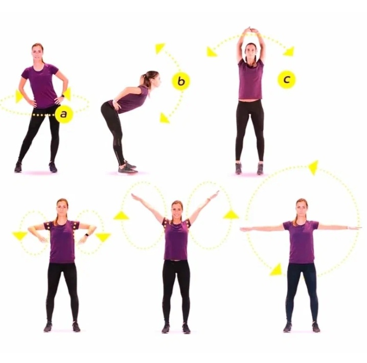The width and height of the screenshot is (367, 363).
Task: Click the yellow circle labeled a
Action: [x=63, y=114]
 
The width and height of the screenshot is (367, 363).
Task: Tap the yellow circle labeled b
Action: [x=181, y=81]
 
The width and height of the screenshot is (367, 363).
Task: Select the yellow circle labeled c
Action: [x=286, y=80]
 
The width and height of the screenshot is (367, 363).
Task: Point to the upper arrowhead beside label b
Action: [x=160, y=48]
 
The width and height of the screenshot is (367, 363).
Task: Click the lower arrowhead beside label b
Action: [x=165, y=118]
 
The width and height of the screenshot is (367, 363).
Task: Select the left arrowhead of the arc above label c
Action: [x=212, y=52]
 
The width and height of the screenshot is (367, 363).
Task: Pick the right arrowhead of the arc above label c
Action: [x=289, y=52]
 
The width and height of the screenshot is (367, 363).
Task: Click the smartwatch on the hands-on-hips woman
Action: [x=62, y=96]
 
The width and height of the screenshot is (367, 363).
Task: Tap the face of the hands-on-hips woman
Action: [x=37, y=52]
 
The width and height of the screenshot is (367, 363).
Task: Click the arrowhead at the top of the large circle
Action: [x=314, y=167]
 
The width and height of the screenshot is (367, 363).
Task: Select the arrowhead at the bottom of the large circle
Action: [x=276, y=270]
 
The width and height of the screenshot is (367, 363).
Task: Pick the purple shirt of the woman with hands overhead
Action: [x=250, y=79]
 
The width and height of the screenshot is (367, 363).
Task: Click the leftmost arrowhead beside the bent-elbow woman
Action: [x=20, y=236]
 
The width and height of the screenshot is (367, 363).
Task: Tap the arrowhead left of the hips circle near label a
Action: [x=19, y=97]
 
